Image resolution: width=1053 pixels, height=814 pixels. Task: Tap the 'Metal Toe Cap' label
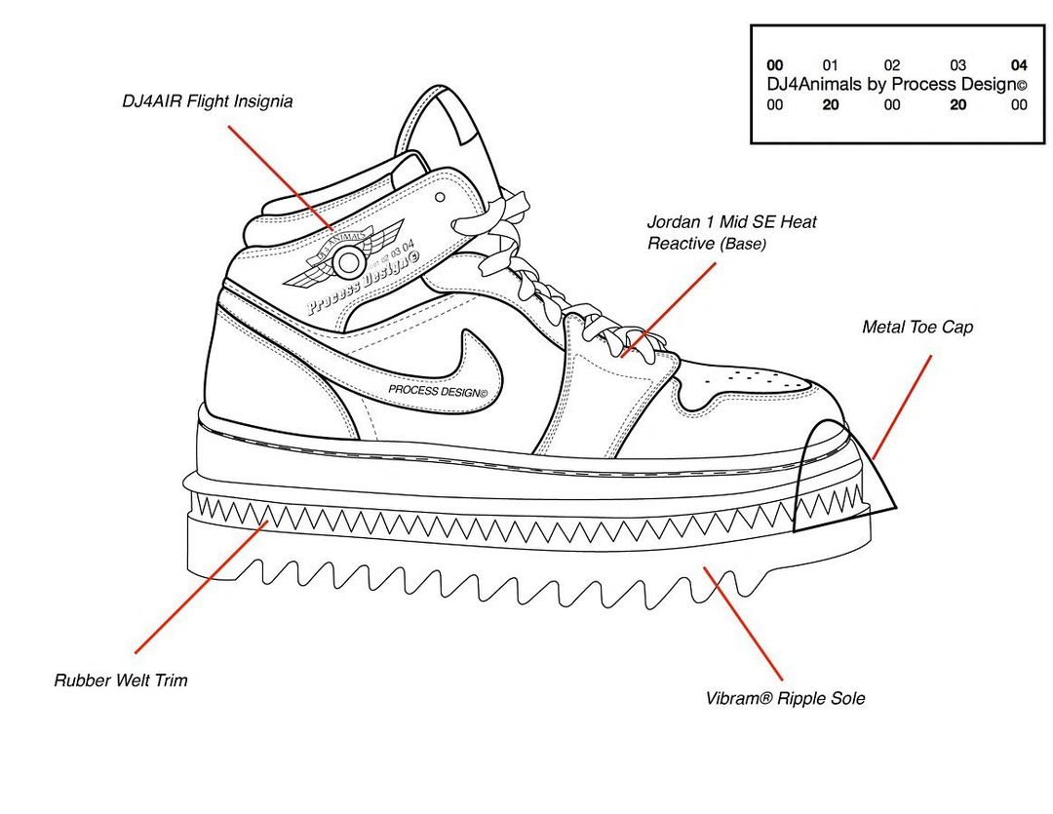[916, 328]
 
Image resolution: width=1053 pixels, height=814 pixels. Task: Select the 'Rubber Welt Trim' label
[121, 680]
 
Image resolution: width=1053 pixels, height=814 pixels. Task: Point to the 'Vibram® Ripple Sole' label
[785, 699]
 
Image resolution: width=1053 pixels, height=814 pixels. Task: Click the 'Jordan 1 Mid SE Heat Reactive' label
[731, 232]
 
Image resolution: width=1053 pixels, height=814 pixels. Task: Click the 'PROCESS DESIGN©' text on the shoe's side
[436, 390]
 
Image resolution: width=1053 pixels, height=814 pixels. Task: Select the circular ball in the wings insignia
[347, 261]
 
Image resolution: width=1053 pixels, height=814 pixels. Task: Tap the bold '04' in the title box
[1019, 65]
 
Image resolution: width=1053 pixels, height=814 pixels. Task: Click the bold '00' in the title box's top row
[775, 65]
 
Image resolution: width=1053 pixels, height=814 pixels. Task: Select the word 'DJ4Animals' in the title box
[814, 85]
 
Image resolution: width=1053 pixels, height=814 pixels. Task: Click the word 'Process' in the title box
[921, 85]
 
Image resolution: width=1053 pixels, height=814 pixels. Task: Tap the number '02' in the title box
[891, 65]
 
